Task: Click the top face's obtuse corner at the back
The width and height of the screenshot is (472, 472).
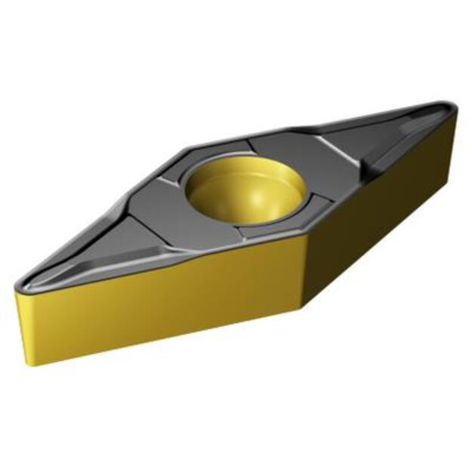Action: (x=189, y=147)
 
